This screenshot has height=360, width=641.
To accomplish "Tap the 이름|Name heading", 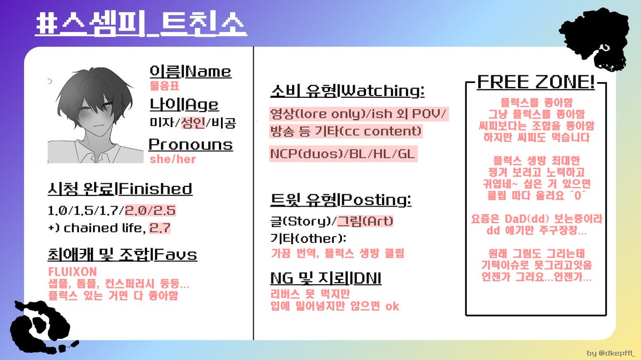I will point(190,71).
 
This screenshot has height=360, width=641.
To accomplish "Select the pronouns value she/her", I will point(173,159).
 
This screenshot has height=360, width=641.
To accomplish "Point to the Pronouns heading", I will point(190,145).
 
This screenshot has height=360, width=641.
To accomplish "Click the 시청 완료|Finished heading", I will point(120,189).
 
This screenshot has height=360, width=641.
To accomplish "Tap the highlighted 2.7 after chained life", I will point(160,228).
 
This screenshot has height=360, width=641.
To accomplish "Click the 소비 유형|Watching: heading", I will point(347,91).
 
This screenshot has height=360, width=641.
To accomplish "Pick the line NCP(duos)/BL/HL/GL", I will point(343,154).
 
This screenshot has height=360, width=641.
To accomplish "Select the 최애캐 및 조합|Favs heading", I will point(122,255).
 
